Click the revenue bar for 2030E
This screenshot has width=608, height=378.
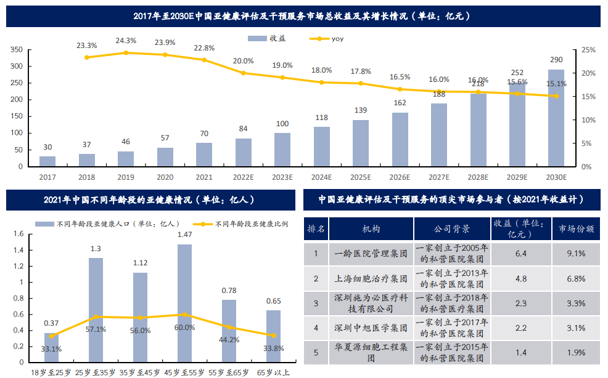[556, 118]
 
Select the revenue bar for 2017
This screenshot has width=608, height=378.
[47, 161]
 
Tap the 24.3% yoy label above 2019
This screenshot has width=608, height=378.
[126, 41]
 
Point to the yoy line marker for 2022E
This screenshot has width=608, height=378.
[243, 73]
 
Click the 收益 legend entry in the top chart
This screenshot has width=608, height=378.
[269, 38]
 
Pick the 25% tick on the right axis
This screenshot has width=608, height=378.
[588, 49]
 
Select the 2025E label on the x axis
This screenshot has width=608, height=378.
[360, 177]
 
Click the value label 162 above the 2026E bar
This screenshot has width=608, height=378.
[400, 103]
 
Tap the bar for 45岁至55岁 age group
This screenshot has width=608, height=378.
[184, 302]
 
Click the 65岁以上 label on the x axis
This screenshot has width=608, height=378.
[273, 372]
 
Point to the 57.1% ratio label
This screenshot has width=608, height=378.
[96, 329]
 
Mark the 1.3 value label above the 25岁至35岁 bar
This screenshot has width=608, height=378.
[96, 249]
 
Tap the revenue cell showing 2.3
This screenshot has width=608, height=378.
[520, 303]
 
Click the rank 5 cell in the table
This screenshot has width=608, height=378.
[316, 352]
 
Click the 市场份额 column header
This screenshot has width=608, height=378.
[576, 228]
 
